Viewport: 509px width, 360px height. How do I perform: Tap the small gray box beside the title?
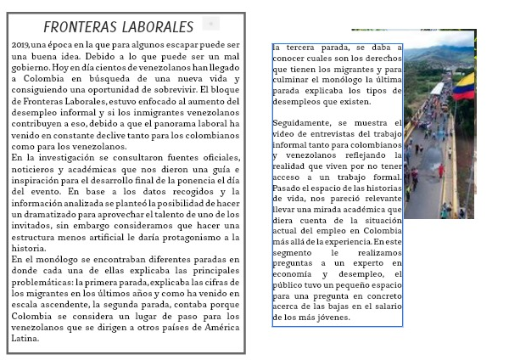(x=211, y=24)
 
